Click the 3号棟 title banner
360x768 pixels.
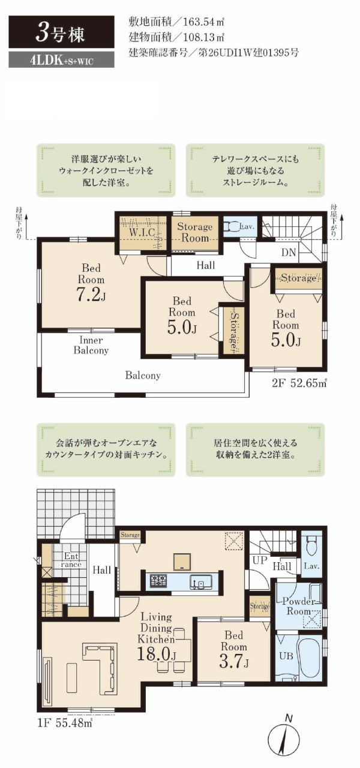click(x=61, y=32)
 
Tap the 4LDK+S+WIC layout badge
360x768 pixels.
click(x=61, y=61)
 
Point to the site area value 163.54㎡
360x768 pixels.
click(x=203, y=22)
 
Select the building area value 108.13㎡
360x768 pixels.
click(x=203, y=37)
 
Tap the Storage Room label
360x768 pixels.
click(x=195, y=232)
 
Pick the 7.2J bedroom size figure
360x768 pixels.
click(x=91, y=295)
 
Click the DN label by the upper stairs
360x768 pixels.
click(x=289, y=253)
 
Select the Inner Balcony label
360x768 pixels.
click(x=91, y=345)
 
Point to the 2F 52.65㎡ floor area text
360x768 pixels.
click(x=299, y=383)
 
